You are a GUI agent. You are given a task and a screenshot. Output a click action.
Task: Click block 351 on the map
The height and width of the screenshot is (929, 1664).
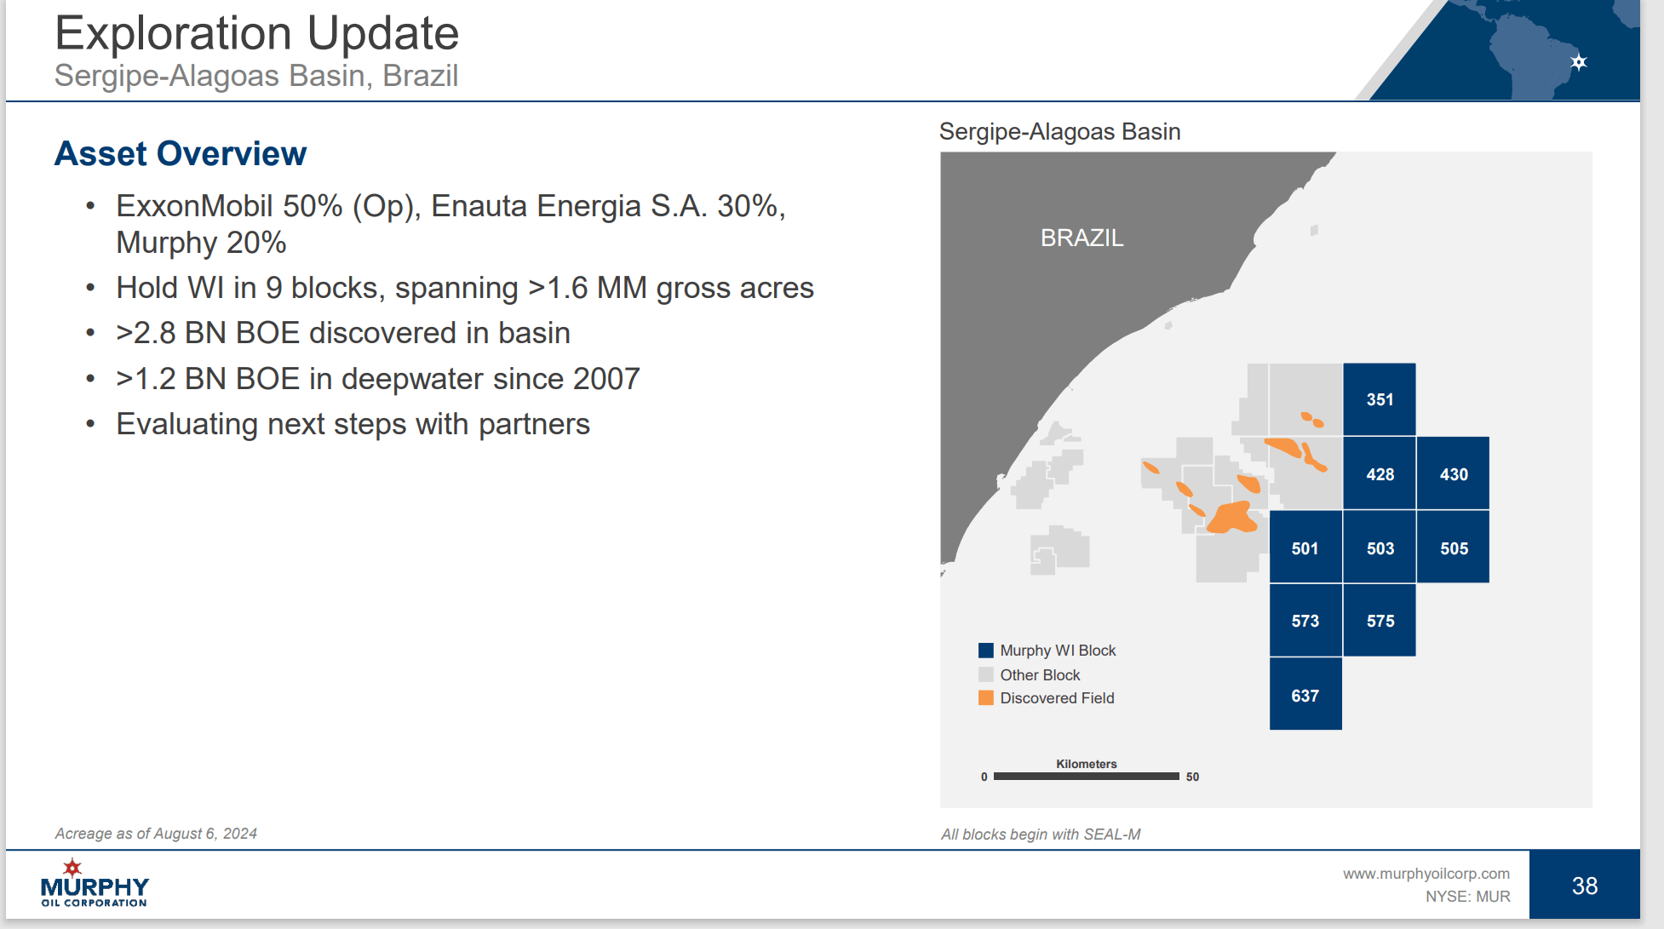tap(1380, 399)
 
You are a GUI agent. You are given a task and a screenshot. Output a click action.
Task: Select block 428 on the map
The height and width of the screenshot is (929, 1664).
tap(1380, 473)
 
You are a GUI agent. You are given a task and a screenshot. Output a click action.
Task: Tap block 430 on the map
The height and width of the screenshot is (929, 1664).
tap(1454, 473)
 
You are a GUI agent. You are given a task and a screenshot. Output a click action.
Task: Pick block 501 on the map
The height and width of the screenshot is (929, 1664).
tap(1305, 548)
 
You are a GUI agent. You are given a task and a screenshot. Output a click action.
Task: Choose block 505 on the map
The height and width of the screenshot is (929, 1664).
tap(1454, 548)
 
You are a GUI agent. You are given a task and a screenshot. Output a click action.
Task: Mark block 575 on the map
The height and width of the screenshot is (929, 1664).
tap(1380, 621)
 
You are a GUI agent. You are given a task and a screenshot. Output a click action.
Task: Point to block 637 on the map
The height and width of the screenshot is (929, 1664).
tap(1305, 694)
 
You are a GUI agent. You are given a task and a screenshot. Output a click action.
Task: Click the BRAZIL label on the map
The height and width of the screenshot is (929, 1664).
tap(1082, 238)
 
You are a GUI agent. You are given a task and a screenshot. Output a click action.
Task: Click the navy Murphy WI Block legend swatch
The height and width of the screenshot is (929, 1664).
tap(986, 651)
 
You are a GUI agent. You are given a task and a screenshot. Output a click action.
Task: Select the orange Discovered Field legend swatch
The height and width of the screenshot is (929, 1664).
tap(986, 698)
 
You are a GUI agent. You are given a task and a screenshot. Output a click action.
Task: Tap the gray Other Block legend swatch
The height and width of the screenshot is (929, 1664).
tap(986, 674)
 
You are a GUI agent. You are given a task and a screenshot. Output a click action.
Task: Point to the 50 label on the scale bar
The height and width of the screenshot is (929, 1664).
tap(1192, 777)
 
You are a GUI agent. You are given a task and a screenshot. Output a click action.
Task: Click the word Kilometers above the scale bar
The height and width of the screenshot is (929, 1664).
tap(1087, 764)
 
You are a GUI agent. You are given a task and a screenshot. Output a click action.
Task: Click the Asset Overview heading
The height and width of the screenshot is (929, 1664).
tap(181, 153)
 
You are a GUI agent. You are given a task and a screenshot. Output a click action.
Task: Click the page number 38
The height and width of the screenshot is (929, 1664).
tap(1585, 886)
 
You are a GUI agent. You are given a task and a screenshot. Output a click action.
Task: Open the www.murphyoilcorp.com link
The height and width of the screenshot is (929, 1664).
tap(1426, 874)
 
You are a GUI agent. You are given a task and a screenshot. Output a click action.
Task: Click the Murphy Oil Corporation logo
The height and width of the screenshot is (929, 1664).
tap(95, 883)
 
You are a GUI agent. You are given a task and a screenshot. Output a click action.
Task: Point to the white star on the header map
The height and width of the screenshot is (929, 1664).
tap(1579, 62)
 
